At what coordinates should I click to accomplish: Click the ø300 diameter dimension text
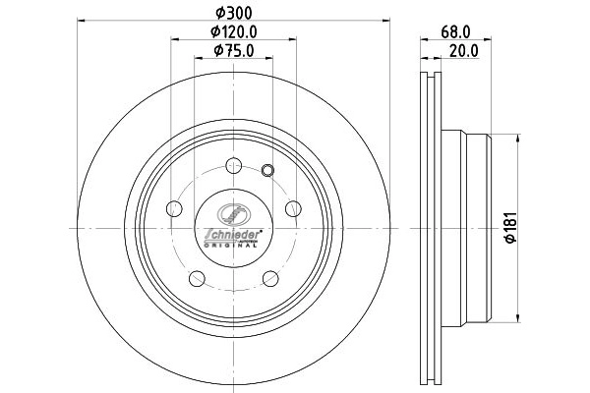click(x=233, y=11)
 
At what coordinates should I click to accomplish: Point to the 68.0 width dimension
click(x=451, y=30)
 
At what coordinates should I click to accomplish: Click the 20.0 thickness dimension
click(x=463, y=51)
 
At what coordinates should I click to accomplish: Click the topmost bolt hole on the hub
click(x=233, y=165)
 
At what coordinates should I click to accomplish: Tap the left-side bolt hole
click(x=174, y=208)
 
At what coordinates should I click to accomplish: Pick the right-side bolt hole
click(x=292, y=208)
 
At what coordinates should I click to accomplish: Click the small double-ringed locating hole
click(x=268, y=172)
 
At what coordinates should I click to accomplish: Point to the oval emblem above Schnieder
click(x=233, y=215)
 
